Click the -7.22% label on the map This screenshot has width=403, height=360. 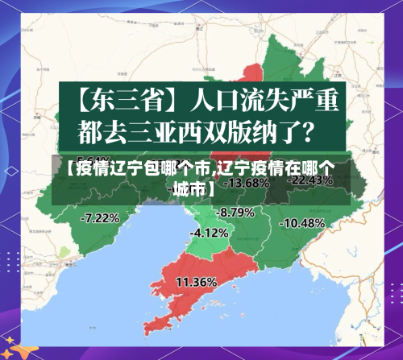[x=101, y=217]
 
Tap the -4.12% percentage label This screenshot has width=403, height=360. [x=210, y=232]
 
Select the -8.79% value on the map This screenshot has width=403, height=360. [x=236, y=212]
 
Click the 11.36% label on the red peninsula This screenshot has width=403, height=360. [x=196, y=282]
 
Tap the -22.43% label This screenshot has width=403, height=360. [x=310, y=180]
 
